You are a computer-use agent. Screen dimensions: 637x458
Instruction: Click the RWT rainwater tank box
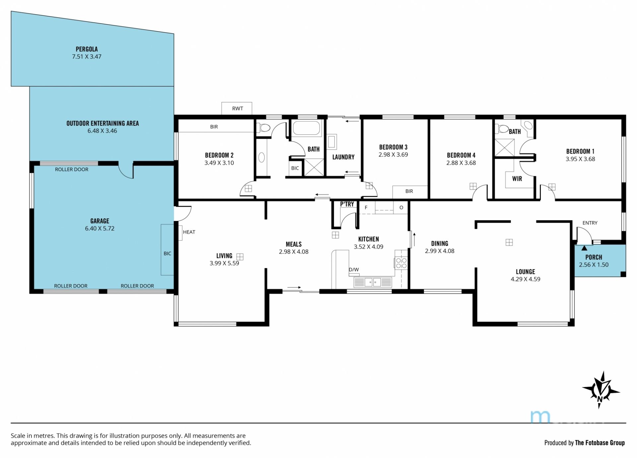[x=237, y=108]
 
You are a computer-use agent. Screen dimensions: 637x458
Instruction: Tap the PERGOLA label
[x=87, y=49]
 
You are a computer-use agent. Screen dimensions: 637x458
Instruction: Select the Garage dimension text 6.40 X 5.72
[x=100, y=229]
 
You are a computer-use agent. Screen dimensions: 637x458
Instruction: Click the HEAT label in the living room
[x=189, y=232]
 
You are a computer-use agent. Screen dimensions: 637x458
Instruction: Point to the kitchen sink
[x=373, y=282]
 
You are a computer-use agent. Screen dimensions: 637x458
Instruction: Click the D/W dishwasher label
[x=354, y=270]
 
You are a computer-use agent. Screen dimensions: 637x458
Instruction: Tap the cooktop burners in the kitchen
[x=401, y=263]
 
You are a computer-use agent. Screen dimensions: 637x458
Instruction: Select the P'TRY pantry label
[x=347, y=204]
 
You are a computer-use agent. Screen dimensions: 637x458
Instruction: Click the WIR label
[x=517, y=179]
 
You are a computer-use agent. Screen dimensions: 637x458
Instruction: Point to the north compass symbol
[x=601, y=390]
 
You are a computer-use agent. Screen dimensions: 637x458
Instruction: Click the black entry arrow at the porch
[x=584, y=248]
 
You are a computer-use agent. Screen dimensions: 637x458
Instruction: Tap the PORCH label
[x=594, y=257]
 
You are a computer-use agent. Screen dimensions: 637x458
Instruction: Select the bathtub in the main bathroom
[x=307, y=128]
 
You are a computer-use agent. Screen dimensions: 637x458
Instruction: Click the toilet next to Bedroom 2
[x=264, y=127]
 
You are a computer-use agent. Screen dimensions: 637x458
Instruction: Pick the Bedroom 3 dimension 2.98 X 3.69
[x=393, y=155]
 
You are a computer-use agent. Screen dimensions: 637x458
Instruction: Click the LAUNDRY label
[x=343, y=157]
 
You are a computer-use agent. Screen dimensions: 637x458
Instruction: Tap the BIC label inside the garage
[x=168, y=254]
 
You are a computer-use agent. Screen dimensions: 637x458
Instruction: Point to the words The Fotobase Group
[x=600, y=443]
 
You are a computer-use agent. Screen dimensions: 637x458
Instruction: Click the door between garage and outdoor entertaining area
[x=126, y=170]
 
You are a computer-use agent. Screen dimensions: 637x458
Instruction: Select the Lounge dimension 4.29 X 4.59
[x=526, y=279]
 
